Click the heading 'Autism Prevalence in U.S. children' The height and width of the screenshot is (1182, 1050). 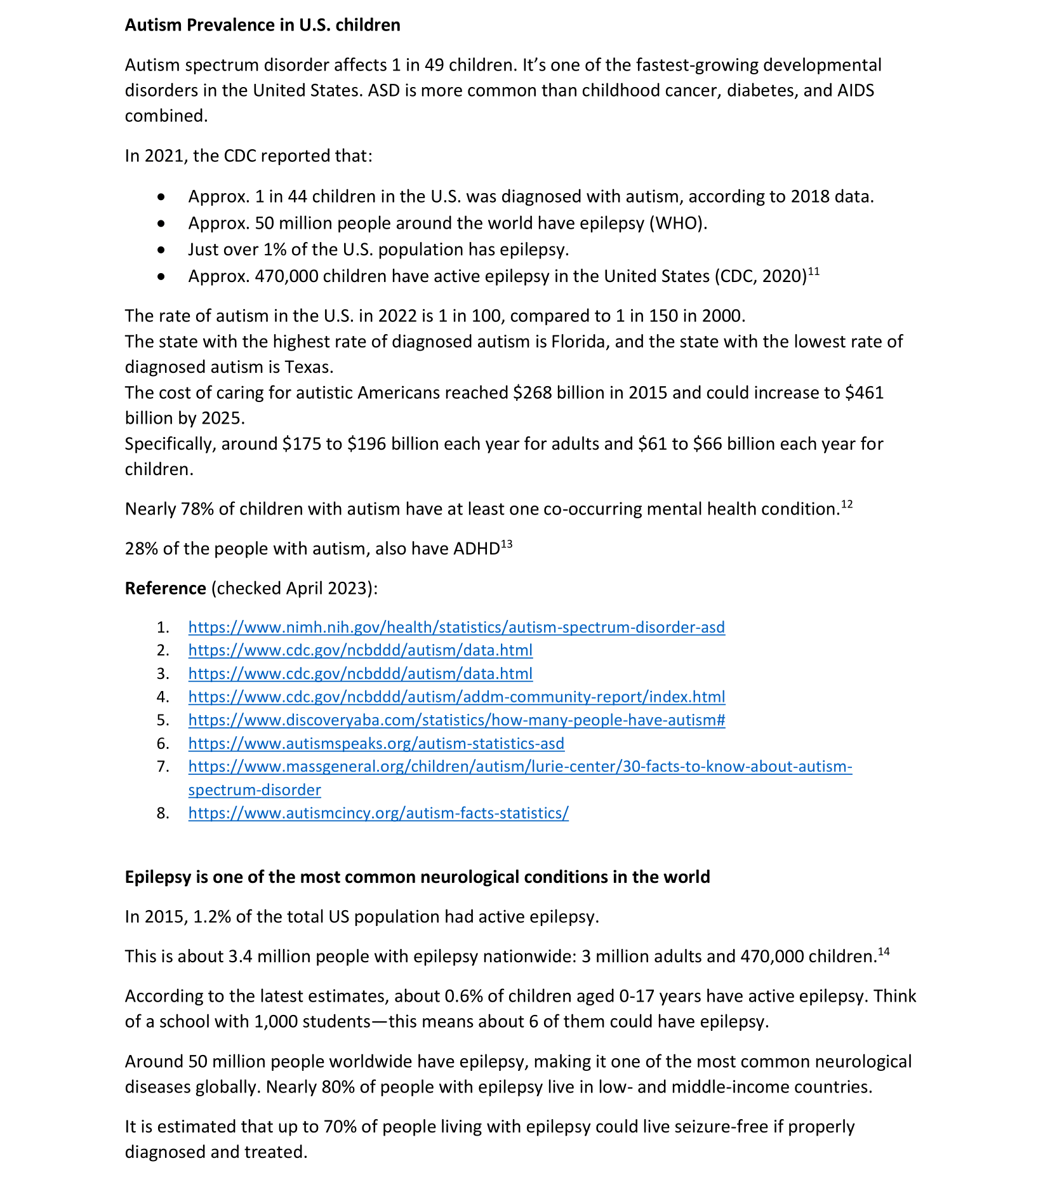tap(262, 25)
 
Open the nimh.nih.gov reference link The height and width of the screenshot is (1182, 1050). tap(456, 628)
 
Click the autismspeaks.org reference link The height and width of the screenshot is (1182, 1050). tap(376, 744)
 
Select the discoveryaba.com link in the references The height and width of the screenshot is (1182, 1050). tap(456, 720)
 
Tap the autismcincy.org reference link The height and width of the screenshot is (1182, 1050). tap(378, 814)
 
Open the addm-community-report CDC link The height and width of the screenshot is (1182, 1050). tap(456, 697)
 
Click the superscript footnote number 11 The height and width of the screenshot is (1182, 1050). tap(814, 272)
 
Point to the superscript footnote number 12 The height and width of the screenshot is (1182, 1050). tap(847, 504)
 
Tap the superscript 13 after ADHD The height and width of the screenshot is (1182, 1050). tap(507, 544)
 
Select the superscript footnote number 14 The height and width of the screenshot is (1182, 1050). tap(884, 951)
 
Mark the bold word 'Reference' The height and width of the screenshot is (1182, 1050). tap(165, 589)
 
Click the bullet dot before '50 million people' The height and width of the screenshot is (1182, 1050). tap(162, 224)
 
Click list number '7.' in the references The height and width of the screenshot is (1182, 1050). tap(163, 767)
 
